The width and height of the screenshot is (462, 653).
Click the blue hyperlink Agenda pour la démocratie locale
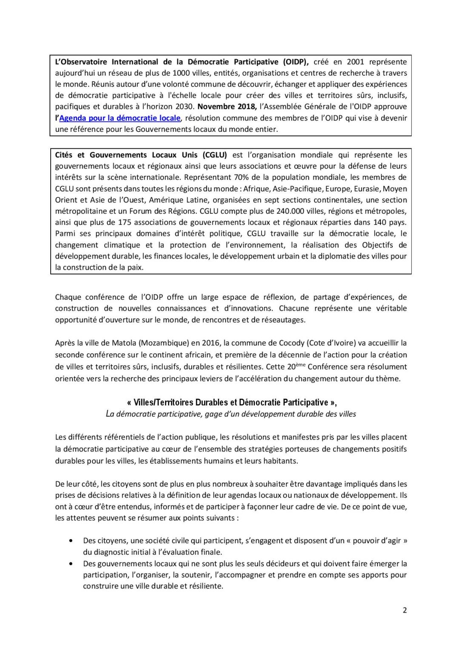point(120,118)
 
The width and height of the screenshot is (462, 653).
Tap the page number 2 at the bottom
point(405,610)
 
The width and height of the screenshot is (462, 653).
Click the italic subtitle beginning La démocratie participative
point(231,414)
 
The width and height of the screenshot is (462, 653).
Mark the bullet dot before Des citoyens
point(70,541)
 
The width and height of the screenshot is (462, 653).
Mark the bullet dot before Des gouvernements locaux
point(70,564)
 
